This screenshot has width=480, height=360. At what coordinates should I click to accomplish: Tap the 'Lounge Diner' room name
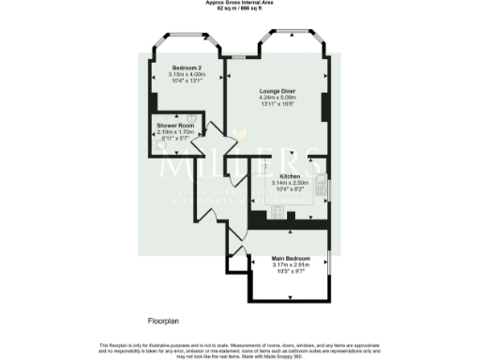[277, 90]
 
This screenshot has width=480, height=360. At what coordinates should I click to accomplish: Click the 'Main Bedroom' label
[291, 258]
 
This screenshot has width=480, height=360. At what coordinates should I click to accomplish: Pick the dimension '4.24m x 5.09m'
[277, 97]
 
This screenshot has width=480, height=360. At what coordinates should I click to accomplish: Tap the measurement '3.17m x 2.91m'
[291, 264]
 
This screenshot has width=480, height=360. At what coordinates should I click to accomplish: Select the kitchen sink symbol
[321, 186]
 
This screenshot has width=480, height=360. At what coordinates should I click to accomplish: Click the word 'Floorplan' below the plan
[165, 321]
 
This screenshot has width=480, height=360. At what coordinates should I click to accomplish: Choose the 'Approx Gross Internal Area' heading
[239, 3]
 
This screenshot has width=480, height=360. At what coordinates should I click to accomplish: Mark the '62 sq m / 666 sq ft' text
[239, 8]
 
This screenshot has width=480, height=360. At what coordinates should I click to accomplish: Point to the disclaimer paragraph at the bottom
[239, 350]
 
